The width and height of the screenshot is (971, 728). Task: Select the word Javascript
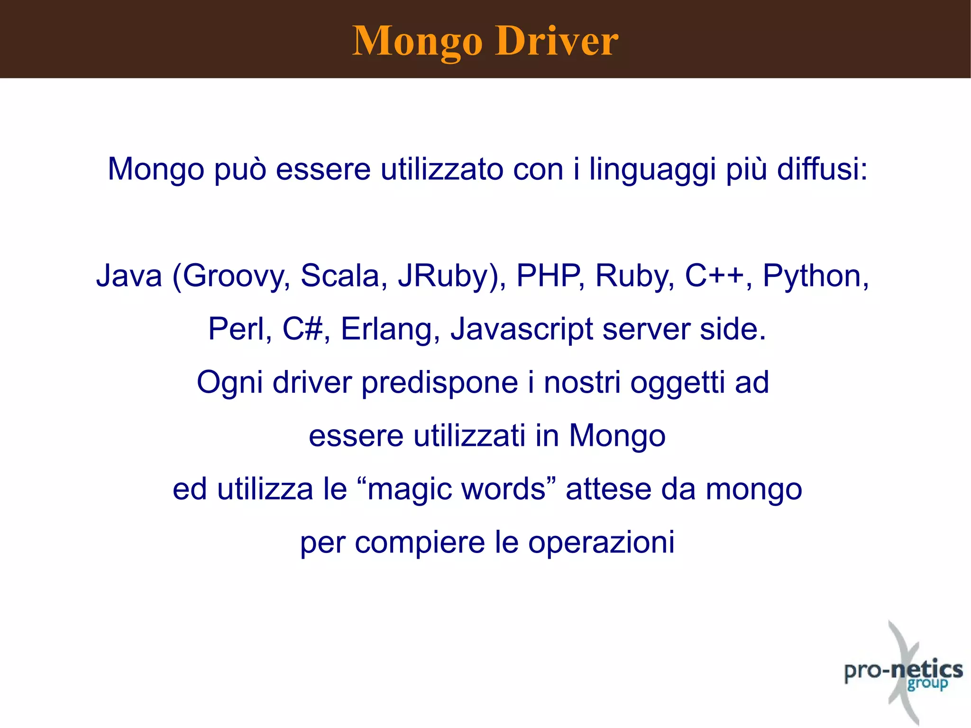tap(521, 330)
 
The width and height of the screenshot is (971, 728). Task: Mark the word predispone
tap(440, 383)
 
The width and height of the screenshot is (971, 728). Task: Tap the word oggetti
tap(677, 383)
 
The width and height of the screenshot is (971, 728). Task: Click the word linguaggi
tap(652, 169)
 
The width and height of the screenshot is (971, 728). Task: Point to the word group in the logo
tap(927, 684)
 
